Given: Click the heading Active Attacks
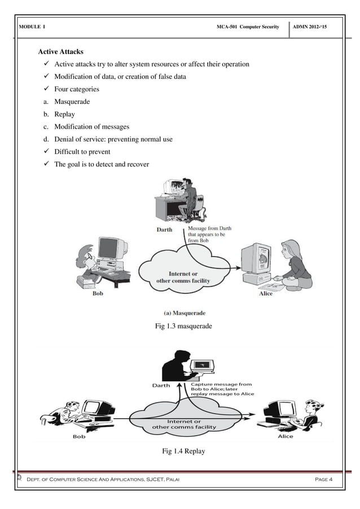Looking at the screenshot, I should click(x=60, y=52).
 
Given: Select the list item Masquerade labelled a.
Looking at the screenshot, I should click(x=72, y=102).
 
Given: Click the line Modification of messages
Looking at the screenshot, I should click(x=91, y=127).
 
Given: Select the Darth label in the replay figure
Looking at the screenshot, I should click(x=162, y=386).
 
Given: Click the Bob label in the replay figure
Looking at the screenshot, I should click(x=80, y=436).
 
